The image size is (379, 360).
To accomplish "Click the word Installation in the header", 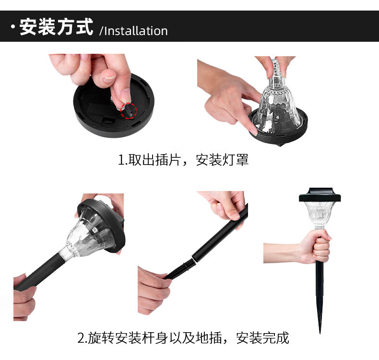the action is (136, 31).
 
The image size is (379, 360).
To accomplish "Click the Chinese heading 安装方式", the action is (56, 26).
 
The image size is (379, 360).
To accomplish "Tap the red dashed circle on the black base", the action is (129, 111).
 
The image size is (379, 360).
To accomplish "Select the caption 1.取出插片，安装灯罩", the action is (183, 159).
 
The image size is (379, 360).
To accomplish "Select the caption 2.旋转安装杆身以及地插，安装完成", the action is (183, 338).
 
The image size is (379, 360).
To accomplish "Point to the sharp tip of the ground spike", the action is (320, 333).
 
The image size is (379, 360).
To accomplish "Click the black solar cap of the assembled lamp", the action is (320, 195).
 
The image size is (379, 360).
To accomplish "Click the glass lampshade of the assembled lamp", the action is (320, 215).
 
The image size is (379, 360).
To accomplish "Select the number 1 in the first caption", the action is (121, 160).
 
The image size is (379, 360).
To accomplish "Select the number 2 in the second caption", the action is (81, 338).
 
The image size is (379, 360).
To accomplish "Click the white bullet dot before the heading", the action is (13, 26).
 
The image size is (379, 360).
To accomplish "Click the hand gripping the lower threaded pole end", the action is (154, 290).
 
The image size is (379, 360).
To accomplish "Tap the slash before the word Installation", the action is (101, 31).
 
